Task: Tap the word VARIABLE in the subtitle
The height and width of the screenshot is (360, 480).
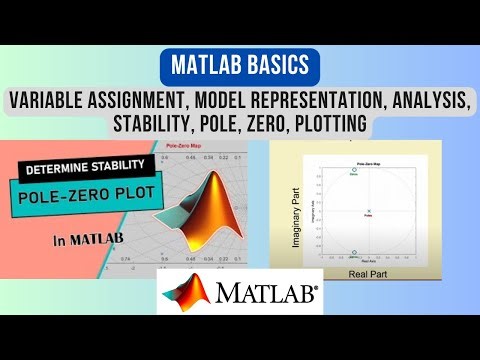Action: point(50,101)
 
